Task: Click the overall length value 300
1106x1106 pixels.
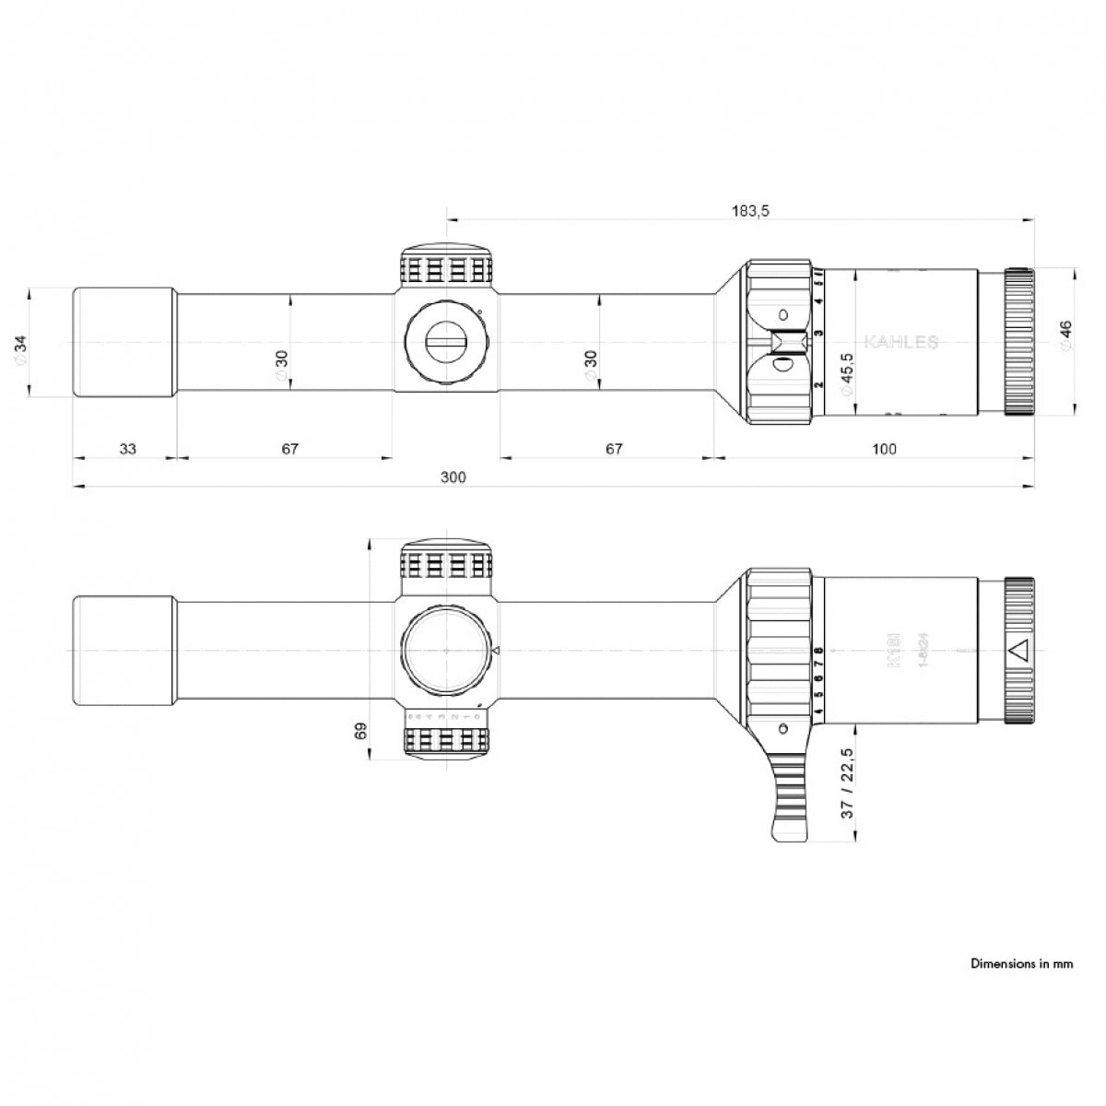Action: point(453,477)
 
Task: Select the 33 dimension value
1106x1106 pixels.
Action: point(127,449)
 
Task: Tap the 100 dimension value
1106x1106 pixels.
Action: point(883,449)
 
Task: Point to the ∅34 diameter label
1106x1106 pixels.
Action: point(23,347)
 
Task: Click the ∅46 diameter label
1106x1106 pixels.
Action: point(1066,336)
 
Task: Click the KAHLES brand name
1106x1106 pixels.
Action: point(900,343)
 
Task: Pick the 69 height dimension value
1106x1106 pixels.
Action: point(360,731)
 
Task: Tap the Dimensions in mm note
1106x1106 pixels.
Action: point(1021,964)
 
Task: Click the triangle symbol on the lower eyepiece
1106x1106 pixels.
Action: point(1018,651)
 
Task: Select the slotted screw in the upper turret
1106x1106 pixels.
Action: point(447,342)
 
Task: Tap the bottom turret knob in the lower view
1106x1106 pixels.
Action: point(447,741)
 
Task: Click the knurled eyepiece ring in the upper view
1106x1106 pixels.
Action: point(1018,342)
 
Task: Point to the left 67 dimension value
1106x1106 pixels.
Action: point(289,449)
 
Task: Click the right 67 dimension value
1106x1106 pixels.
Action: point(614,449)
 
